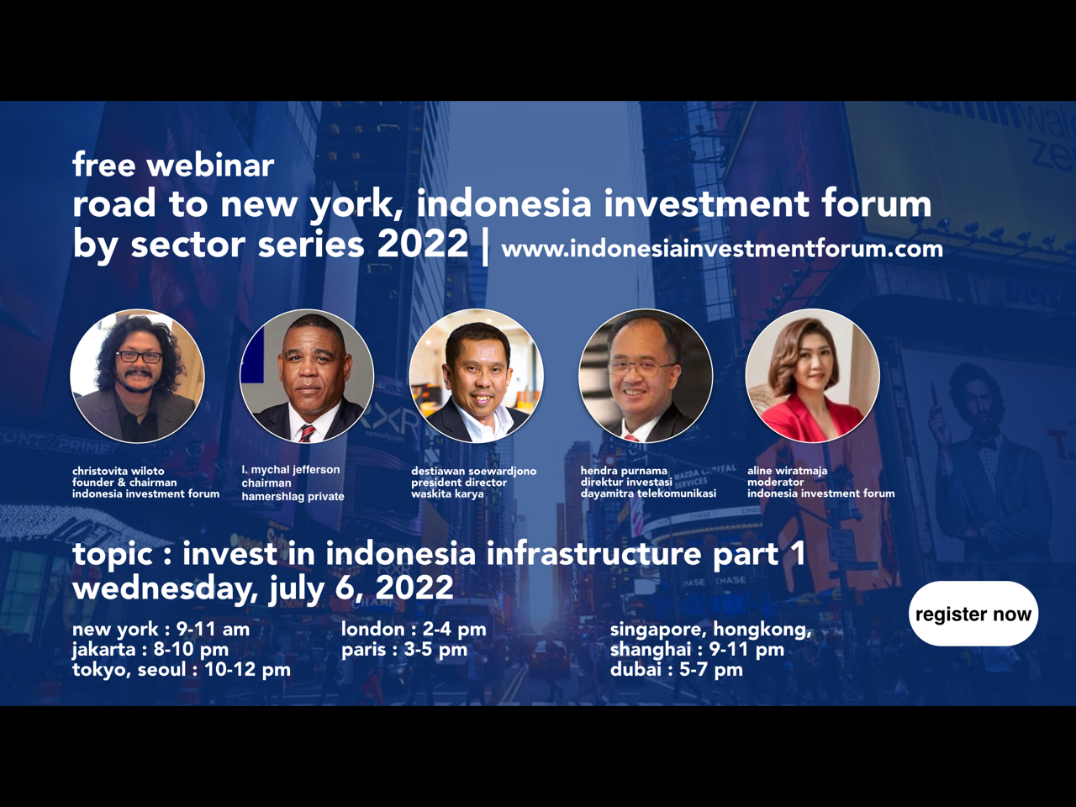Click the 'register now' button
click(x=973, y=614)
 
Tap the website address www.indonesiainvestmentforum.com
click(x=722, y=249)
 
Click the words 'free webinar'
click(x=173, y=165)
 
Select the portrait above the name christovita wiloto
click(x=137, y=376)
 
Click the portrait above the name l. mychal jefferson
click(x=307, y=376)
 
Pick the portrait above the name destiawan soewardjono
click(x=477, y=376)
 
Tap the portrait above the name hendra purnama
click(x=646, y=376)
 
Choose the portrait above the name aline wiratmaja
click(x=813, y=376)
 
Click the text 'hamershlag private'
click(x=293, y=496)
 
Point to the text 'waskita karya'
click(x=447, y=494)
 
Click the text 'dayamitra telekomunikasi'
click(x=648, y=493)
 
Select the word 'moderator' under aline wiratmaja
click(x=776, y=483)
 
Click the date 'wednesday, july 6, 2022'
click(x=263, y=588)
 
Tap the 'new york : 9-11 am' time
click(x=161, y=629)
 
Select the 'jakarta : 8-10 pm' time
click(x=150, y=650)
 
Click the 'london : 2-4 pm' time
click(x=414, y=629)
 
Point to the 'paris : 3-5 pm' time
click(x=404, y=650)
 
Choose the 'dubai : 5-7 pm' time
click(x=677, y=670)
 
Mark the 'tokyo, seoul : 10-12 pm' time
click(x=182, y=670)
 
